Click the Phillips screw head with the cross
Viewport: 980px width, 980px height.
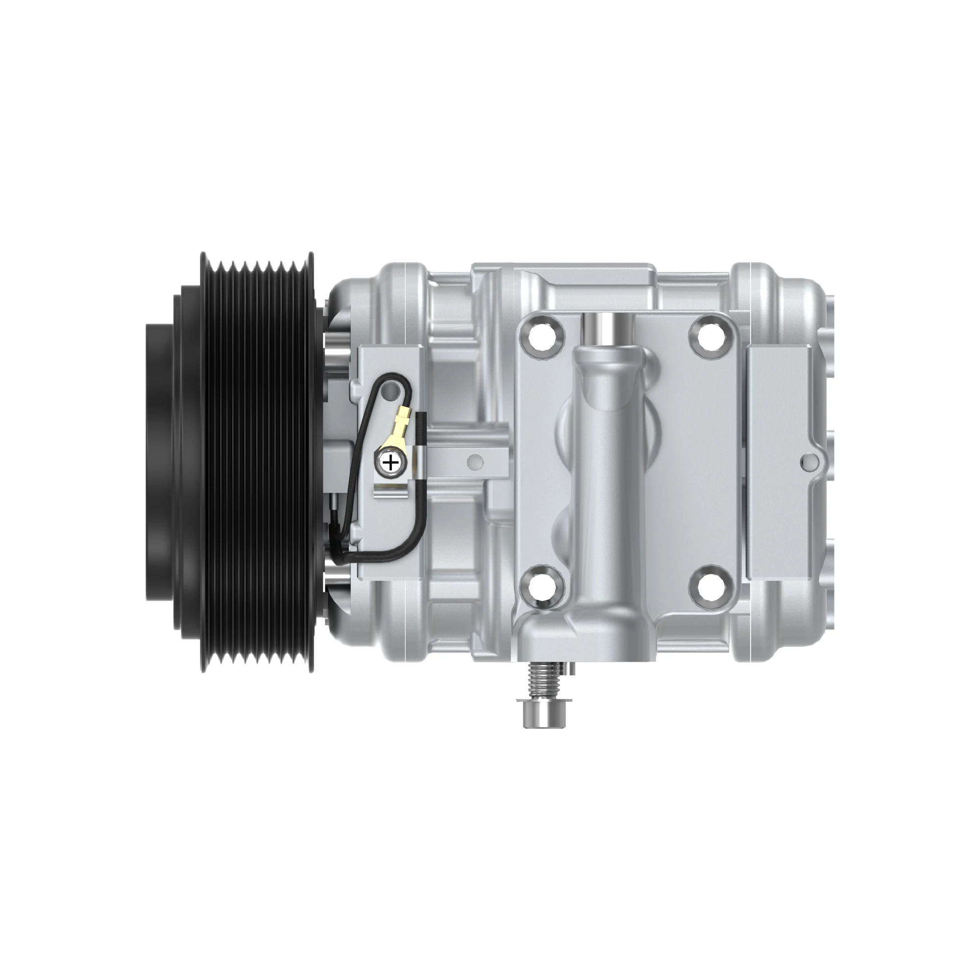[x=391, y=462]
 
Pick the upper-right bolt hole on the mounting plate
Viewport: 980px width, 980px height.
[x=709, y=334]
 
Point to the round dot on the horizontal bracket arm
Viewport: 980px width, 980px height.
[x=475, y=461]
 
